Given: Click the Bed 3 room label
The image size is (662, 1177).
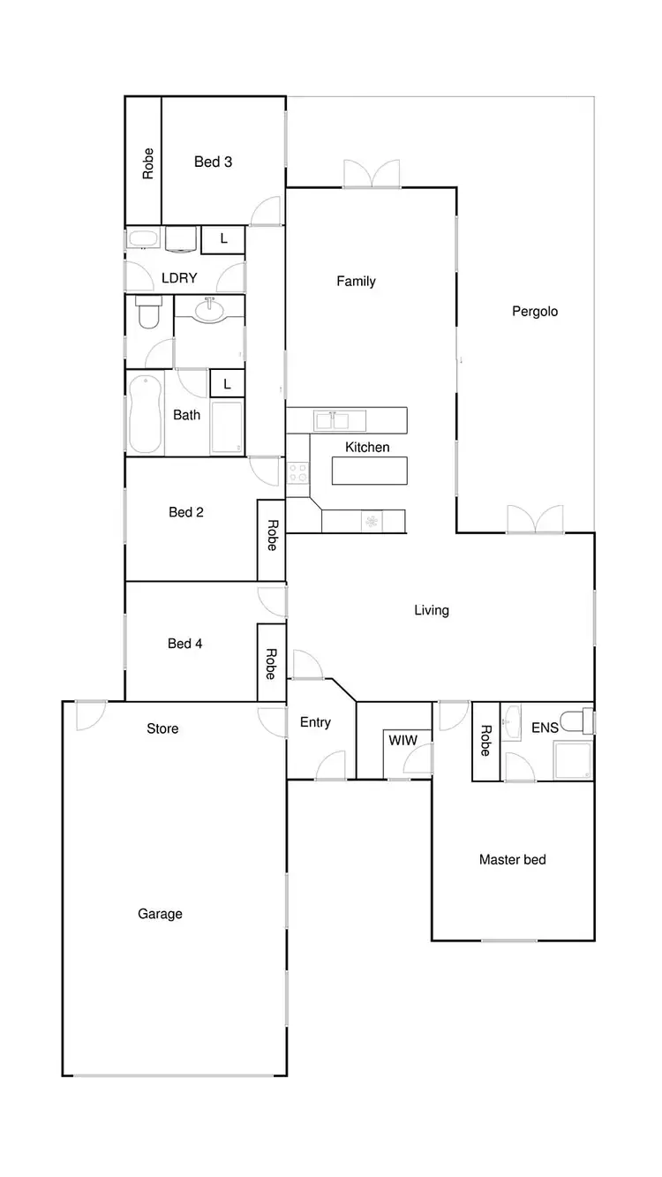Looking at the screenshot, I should point(213,162).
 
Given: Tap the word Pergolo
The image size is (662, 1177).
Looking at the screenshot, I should point(535,311).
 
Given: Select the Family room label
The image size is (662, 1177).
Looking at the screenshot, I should point(356,281).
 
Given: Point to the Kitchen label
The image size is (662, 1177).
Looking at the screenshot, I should point(367,447).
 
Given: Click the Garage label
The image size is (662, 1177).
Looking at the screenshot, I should point(160,913).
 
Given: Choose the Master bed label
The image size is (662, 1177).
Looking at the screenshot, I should point(512,858).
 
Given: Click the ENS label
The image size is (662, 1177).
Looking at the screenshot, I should point(545,728).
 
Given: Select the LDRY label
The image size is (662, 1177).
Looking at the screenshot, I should point(179,277).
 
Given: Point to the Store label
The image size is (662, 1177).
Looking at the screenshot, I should point(162,728).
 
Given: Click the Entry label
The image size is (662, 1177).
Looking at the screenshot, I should point(315,722).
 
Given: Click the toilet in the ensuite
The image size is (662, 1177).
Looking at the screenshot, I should point(578,721).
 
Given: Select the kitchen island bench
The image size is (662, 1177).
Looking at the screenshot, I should point(369,471).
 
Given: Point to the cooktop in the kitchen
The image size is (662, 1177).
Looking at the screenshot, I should point(297,472).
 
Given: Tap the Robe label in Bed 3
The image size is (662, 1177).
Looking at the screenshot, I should point(148,163).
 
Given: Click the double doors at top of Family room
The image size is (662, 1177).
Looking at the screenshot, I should point(372,174).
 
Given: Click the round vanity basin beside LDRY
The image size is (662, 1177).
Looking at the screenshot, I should point(209,310).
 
